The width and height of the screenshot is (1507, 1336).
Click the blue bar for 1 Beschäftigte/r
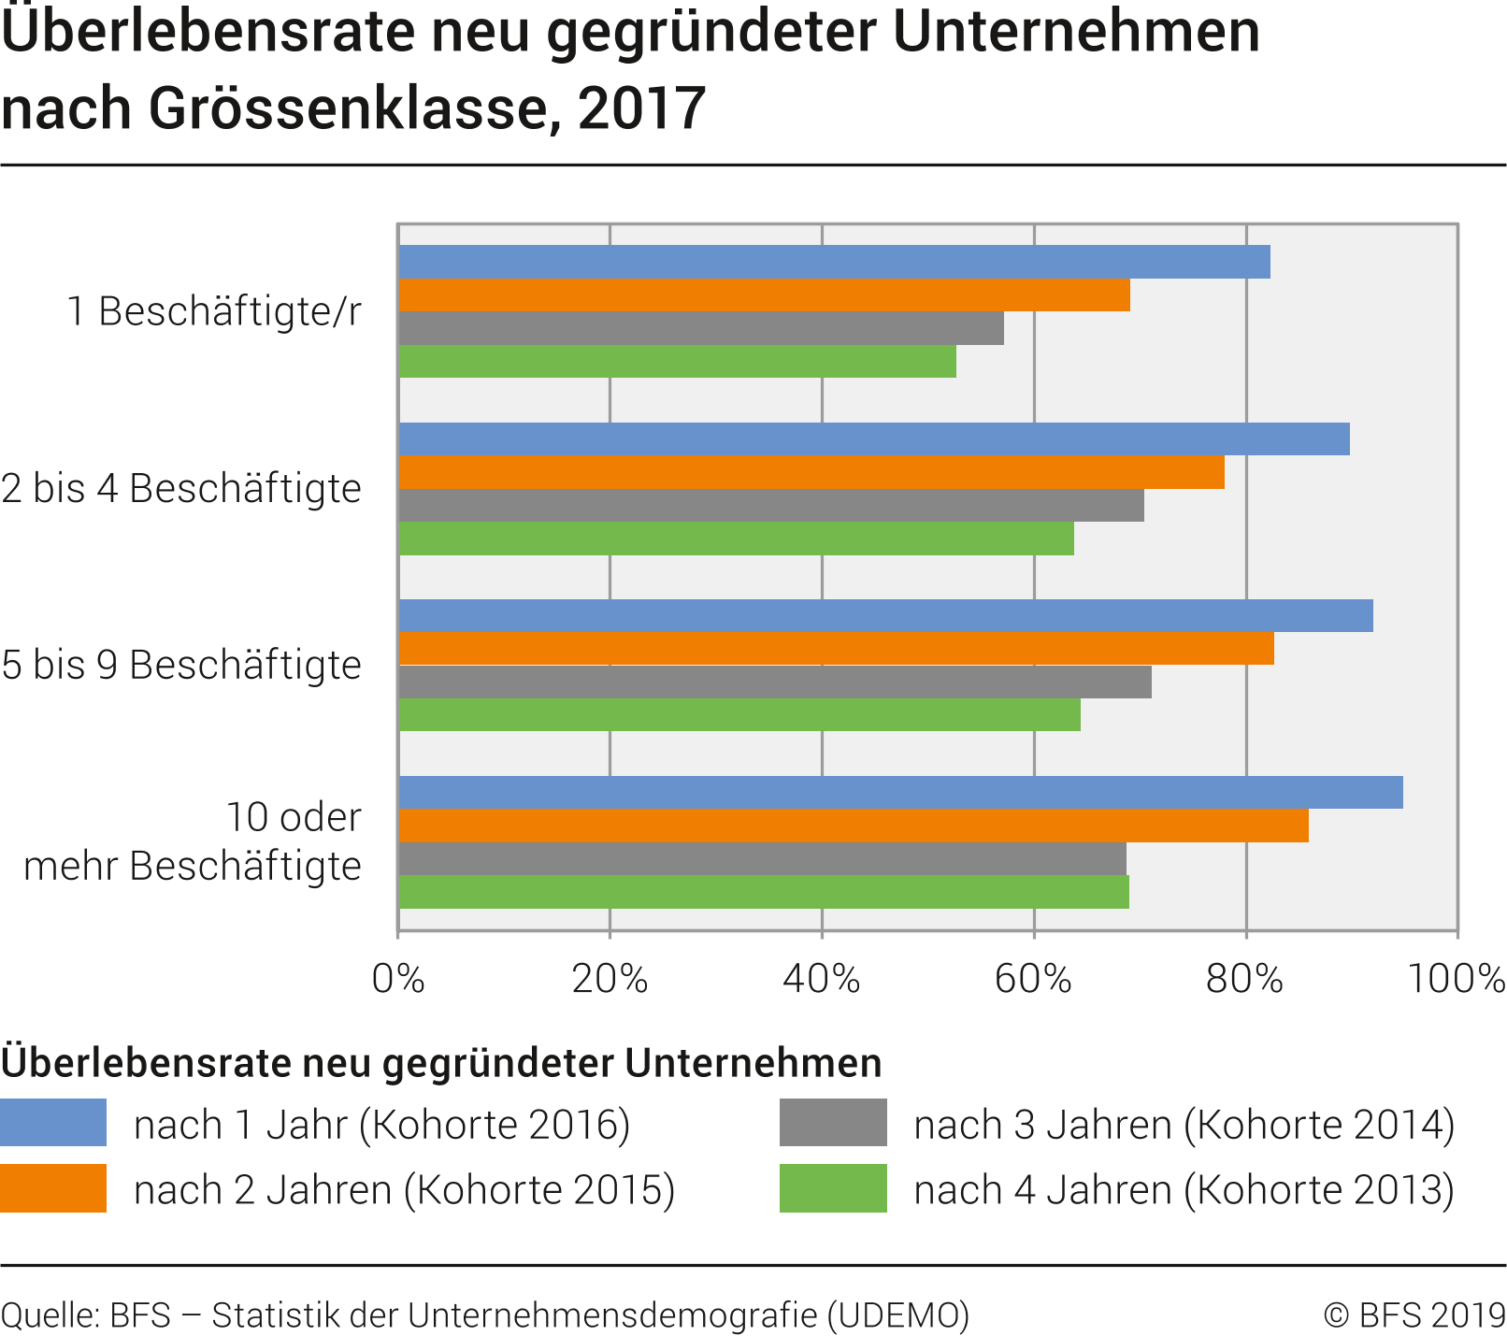[834, 262]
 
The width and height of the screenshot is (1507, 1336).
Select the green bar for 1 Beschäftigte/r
[677, 362]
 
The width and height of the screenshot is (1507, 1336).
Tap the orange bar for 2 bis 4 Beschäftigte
[811, 473]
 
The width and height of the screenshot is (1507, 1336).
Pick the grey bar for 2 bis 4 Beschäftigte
[771, 506]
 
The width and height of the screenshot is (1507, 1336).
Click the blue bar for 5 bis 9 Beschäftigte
[885, 616]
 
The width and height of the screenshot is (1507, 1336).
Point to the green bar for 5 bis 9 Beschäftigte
[739, 715]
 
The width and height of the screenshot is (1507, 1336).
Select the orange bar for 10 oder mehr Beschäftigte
[854, 826]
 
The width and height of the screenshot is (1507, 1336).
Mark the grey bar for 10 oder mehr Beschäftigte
[762, 859]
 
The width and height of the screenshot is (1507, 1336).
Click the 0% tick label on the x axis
[398, 978]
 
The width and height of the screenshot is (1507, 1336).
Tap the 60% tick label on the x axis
[1034, 978]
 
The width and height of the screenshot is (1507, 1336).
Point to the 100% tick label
[1456, 978]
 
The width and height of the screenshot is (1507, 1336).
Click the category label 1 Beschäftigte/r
[214, 311]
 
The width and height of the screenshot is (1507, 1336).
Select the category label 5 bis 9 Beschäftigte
[181, 665]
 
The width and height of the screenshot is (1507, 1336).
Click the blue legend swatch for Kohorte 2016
[53, 1123]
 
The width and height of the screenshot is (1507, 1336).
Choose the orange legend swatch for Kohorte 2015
[53, 1188]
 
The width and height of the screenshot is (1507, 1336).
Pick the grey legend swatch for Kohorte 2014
[833, 1123]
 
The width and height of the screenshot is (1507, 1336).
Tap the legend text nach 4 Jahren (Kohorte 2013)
[1184, 1190]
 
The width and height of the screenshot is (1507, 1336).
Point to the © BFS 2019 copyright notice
[1414, 1315]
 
